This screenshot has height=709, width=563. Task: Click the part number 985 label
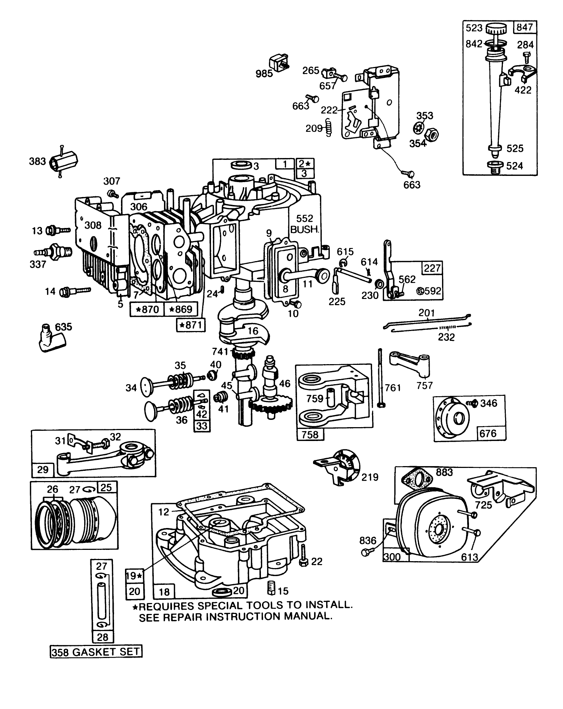264,74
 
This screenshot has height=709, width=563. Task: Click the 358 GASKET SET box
96,651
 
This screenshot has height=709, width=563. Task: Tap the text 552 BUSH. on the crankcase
305,224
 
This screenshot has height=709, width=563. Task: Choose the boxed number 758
310,434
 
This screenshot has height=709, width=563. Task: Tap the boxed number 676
488,433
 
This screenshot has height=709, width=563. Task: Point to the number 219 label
370,477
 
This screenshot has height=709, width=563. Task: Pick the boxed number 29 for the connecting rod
43,469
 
